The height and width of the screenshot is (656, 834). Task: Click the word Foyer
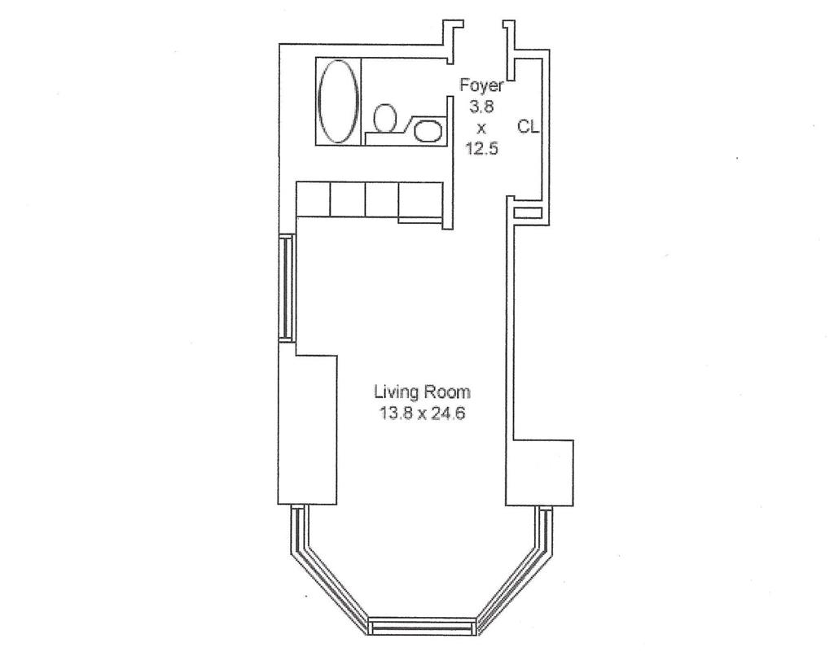click(x=481, y=85)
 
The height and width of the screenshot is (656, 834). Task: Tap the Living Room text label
click(x=423, y=391)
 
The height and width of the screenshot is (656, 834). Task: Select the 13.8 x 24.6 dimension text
click(x=423, y=413)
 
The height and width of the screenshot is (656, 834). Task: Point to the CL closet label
click(x=528, y=126)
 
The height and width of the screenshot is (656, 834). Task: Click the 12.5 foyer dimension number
click(x=482, y=148)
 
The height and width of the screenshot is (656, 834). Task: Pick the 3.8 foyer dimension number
click(x=481, y=107)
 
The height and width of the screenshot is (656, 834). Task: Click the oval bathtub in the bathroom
click(x=338, y=101)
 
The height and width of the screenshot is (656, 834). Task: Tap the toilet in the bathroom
click(x=385, y=118)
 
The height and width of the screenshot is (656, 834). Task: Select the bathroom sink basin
click(x=428, y=131)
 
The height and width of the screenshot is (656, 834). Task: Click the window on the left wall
click(x=286, y=287)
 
